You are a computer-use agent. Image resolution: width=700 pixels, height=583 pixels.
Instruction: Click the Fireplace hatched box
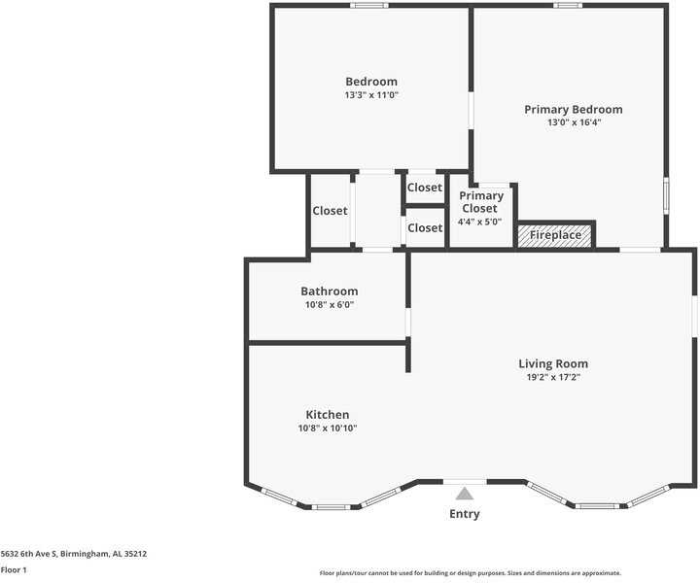pos(555,235)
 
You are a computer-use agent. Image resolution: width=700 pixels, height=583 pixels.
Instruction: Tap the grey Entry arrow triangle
pos(465,494)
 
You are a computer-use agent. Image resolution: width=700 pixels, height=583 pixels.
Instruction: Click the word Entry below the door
pos(465,514)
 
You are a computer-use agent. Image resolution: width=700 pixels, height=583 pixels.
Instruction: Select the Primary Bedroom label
pos(574,110)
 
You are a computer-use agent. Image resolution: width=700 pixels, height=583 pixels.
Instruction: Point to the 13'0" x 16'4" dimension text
pos(575,122)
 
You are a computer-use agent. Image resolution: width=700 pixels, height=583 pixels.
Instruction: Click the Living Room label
pos(553,364)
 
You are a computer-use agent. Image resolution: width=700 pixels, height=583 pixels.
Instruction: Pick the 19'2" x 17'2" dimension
pos(553,377)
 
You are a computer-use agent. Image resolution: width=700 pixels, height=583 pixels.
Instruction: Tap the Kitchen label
pos(328,415)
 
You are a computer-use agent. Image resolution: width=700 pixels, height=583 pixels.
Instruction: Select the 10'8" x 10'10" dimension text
pos(328,429)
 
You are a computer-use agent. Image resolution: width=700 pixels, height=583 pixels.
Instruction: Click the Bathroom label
pos(329,291)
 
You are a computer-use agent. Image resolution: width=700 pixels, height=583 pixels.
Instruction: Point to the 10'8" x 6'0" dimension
pos(330,305)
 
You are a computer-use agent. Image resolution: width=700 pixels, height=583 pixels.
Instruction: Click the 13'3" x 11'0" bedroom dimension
pos(371,95)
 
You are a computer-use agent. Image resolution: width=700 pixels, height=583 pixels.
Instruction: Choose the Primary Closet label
pos(481,202)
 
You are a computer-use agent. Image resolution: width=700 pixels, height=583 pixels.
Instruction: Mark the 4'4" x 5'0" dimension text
pos(480,222)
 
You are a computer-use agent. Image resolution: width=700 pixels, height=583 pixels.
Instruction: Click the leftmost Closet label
pos(330,211)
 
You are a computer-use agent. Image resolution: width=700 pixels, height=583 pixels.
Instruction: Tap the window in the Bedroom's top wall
pos(369,6)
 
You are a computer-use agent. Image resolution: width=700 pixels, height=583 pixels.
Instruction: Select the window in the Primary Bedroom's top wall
pos(568,6)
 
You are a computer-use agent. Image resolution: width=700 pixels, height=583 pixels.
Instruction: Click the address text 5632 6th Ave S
pos(29,554)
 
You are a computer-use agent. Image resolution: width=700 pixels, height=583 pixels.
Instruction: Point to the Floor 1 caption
pos(14,570)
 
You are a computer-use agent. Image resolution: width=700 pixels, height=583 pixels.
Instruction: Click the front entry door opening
pos(465,482)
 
